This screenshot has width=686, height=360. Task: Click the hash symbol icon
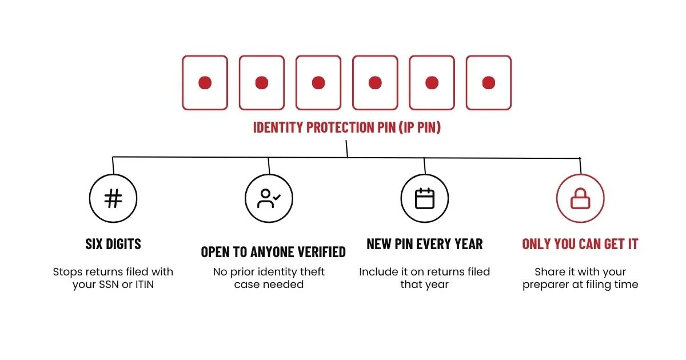[x=113, y=198]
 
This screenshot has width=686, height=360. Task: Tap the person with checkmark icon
[x=269, y=198]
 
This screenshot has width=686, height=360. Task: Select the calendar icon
[x=424, y=198]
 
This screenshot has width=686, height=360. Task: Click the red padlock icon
[x=580, y=198]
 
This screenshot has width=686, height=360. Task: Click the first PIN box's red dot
[x=205, y=83]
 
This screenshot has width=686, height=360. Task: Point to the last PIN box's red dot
[x=488, y=83]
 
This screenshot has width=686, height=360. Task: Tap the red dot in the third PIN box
[x=318, y=83]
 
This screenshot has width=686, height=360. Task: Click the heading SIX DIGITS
[x=113, y=244]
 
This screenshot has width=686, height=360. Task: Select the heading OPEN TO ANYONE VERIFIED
[x=273, y=252]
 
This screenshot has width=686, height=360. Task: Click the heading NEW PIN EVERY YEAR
[x=424, y=244]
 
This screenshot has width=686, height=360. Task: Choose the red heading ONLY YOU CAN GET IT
[x=580, y=244]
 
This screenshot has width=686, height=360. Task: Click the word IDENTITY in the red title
[x=278, y=127]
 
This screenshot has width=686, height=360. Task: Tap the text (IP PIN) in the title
[x=420, y=127]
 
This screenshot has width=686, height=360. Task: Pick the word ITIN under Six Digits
[x=144, y=285]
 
